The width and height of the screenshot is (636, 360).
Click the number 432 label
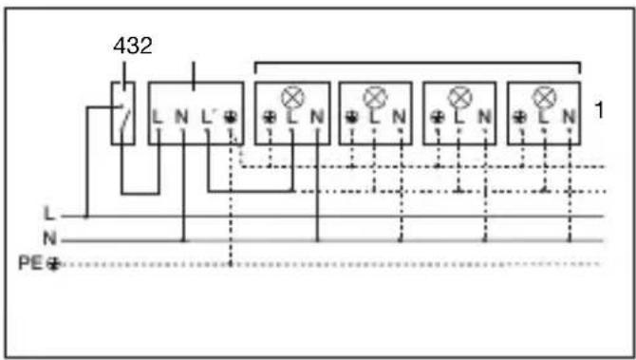tap(133, 46)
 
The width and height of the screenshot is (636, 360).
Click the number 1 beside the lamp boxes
tap(599, 109)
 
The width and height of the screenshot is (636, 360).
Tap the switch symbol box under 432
tap(123, 113)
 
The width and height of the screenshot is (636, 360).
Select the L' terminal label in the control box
tap(208, 117)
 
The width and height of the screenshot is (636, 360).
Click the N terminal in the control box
tap(181, 117)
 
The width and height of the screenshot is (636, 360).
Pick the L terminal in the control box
tap(158, 117)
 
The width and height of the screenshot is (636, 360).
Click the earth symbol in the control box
tap(231, 117)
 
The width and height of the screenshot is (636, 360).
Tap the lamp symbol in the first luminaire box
tap(293, 97)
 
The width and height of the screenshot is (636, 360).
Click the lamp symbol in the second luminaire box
tap(375, 97)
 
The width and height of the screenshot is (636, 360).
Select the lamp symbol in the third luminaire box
tap(460, 97)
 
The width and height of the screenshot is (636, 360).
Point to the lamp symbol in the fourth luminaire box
tap(544, 97)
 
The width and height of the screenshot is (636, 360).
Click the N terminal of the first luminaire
tap(317, 117)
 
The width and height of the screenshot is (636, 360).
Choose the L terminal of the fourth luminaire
tap(544, 117)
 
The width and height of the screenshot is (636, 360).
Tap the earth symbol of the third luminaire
tap(437, 117)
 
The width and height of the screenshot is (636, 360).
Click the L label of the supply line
tap(49, 213)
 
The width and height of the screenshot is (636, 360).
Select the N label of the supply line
tap(49, 237)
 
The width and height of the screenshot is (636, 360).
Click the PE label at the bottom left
tap(30, 263)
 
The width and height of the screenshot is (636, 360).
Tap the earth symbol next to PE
tap(53, 264)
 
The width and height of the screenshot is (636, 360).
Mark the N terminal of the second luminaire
tap(399, 117)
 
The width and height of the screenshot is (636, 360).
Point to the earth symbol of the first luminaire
tap(270, 117)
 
